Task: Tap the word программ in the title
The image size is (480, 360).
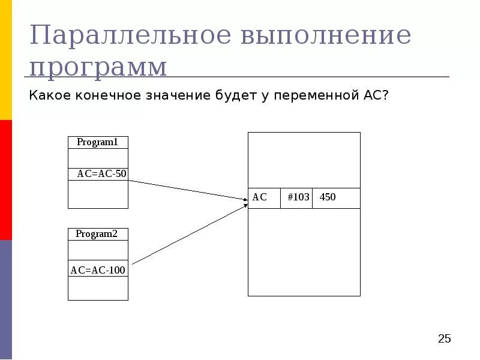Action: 98,67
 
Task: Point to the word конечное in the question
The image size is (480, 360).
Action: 105,95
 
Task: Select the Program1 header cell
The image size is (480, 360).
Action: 98,143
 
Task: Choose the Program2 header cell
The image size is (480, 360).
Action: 98,234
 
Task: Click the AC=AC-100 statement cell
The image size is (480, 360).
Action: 98,270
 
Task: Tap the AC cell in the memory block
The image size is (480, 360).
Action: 264,198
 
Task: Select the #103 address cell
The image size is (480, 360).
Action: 298,198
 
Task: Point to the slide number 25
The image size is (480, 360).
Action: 444,339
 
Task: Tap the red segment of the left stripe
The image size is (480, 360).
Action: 6,180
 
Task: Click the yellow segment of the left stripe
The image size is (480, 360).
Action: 6,60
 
